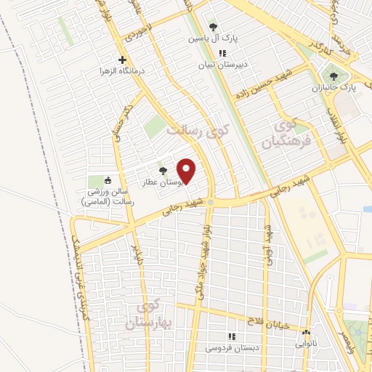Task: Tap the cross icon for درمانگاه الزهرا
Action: point(121,60)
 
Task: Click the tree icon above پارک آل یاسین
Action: point(212,27)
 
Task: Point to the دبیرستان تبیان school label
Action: point(224,64)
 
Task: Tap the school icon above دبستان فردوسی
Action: point(231,336)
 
